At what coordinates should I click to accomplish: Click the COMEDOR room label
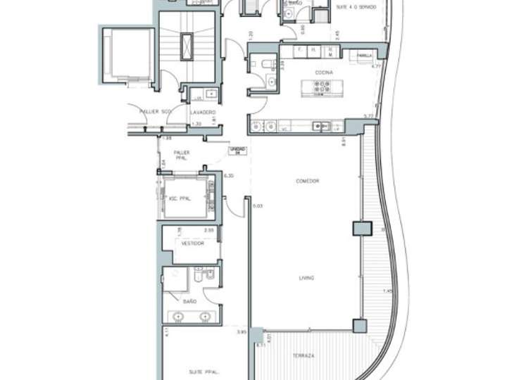308,182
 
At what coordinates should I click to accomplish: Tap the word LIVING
306,278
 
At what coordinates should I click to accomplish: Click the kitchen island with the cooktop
318,88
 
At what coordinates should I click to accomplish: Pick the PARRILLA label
364,56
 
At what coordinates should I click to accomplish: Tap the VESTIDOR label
192,243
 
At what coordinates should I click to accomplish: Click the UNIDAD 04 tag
236,151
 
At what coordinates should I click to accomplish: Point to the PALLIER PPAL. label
182,153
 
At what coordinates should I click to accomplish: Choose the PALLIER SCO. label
155,111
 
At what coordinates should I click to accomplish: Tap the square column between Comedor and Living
361,229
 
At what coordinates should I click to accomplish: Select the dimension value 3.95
242,332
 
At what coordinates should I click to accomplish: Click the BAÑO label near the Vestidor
189,301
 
